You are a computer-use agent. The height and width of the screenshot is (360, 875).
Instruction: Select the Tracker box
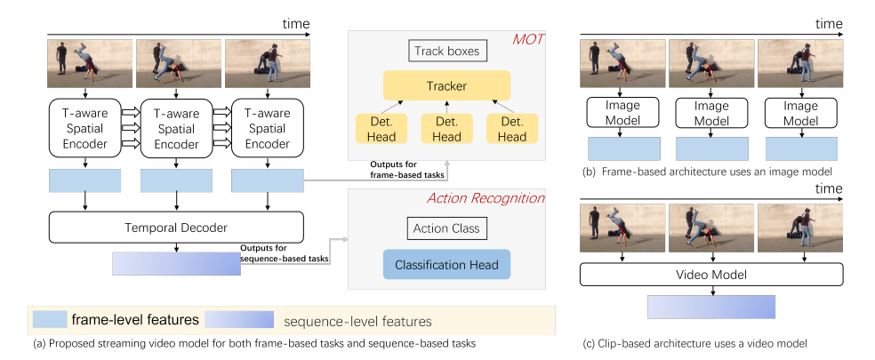pos(446,86)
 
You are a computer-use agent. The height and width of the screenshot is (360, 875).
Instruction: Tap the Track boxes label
pos(446,51)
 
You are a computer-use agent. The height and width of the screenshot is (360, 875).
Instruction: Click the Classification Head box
pos(446,264)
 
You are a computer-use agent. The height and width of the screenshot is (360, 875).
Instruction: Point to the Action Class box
pos(446,228)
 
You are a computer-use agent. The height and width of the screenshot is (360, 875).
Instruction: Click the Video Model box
pos(712,274)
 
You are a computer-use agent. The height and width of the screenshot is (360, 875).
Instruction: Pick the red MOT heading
pos(527,40)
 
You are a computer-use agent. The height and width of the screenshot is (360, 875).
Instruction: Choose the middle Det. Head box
pos(446,128)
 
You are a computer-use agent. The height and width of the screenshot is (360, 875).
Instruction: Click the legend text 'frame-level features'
pos(134,319)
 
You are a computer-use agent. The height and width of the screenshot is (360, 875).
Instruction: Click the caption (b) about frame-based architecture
pos(711,172)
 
